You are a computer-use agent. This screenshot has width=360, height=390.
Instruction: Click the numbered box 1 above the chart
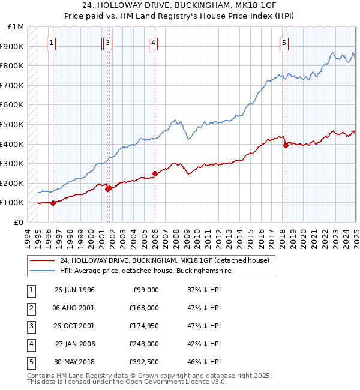(x=52, y=43)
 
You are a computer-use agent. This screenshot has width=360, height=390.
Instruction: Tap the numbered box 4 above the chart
(x=154, y=43)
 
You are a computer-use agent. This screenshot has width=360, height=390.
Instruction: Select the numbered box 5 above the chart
(x=283, y=43)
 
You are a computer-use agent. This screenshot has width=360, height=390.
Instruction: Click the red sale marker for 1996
(x=53, y=203)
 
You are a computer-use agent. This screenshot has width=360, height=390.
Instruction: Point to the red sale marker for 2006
(x=155, y=174)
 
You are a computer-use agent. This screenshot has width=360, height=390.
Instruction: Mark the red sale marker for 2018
(x=286, y=145)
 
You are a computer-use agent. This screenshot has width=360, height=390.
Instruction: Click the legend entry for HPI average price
(x=145, y=271)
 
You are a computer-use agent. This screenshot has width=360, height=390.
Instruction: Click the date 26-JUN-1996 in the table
(x=74, y=290)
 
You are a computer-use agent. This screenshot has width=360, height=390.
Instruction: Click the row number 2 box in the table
(x=30, y=308)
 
